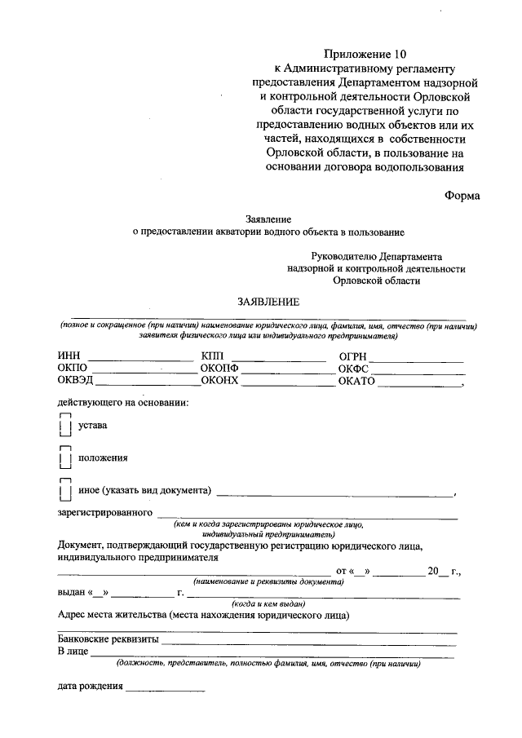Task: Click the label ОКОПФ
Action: [220, 369]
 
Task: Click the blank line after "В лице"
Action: [272, 656]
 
